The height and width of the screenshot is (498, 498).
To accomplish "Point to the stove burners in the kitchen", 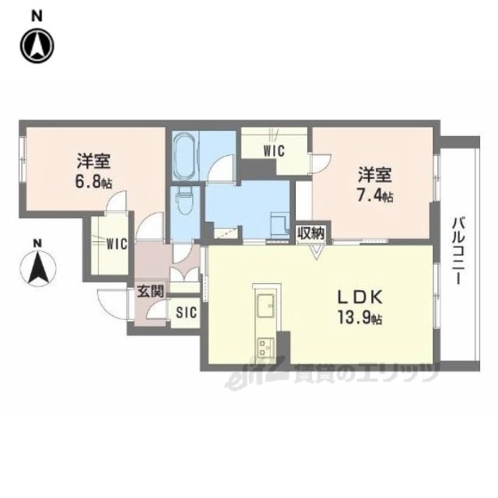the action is (x=265, y=348).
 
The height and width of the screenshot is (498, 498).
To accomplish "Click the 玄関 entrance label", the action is (x=150, y=291).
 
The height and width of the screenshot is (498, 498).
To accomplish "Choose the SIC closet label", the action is (x=187, y=312).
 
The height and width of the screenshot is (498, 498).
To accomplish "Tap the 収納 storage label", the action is (x=311, y=233).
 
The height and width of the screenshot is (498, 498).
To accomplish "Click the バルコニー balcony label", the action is (x=457, y=251).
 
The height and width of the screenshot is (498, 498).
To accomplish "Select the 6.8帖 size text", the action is (x=93, y=182).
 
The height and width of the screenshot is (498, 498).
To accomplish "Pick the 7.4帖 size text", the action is (x=375, y=196).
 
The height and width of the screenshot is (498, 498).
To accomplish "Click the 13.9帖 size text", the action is (x=359, y=317).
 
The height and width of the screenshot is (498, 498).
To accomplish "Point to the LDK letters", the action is (x=359, y=297).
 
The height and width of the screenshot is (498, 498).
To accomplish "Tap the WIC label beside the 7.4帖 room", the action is (x=274, y=150).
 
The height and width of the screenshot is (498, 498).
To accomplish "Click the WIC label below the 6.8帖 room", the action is (x=117, y=244).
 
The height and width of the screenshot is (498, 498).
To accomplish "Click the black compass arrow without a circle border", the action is (x=38, y=267).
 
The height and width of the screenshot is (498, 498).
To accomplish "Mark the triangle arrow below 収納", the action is (x=316, y=251).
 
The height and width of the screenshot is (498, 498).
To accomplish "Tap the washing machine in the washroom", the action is (x=279, y=224).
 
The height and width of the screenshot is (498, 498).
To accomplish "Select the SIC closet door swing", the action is (x=155, y=310).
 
